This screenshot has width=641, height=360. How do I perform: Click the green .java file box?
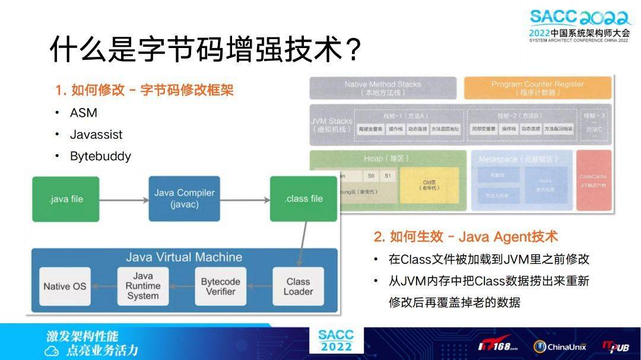[x=66, y=199]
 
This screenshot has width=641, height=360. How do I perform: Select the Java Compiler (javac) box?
[x=184, y=199]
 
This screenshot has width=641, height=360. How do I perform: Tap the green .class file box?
[x=303, y=199]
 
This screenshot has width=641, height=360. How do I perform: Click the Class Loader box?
[x=298, y=286]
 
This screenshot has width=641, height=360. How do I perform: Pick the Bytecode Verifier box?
[x=220, y=286]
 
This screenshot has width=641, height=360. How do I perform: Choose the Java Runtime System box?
[x=142, y=286]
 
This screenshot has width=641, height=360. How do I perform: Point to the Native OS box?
[x=65, y=286]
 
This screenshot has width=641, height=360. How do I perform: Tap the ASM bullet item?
[x=83, y=113]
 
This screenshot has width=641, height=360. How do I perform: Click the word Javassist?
[x=96, y=135]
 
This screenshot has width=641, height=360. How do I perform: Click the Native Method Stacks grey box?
[x=383, y=88]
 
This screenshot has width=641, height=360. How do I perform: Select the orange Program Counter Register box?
[x=537, y=88]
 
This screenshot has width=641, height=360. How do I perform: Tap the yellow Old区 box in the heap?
[x=429, y=184]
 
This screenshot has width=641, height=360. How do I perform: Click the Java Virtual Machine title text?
[x=184, y=257]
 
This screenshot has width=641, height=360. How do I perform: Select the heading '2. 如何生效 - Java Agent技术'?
[x=465, y=237]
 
